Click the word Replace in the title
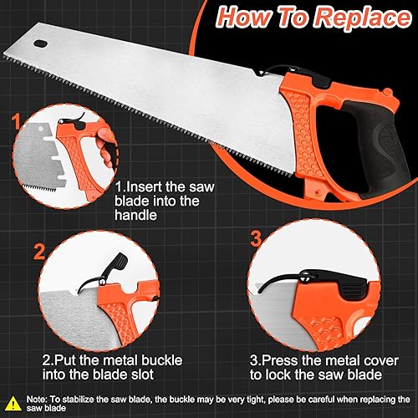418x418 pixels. click(364, 18)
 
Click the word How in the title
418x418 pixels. click(244, 17)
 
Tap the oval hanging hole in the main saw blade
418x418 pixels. click(41, 43)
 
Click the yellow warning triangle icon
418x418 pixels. click(13, 403)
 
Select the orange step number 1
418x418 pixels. click(16, 121)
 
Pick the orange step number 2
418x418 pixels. click(39, 252)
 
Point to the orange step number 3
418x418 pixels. click(256, 238)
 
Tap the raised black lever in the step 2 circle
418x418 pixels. click(110, 270)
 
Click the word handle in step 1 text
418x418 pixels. click(135, 215)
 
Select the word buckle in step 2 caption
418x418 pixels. click(162, 360)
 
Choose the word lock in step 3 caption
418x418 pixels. click(278, 375)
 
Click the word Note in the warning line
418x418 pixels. click(37, 400)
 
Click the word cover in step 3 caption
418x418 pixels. click(380, 360)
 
